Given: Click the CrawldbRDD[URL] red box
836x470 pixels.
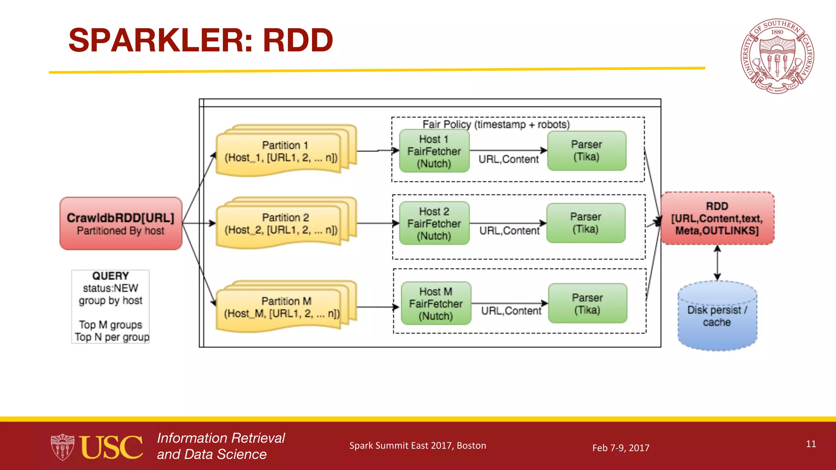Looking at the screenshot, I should point(121,224).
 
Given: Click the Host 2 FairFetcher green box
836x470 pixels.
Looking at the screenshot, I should point(434,223).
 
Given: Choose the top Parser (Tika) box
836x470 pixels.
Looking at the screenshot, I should point(586,151).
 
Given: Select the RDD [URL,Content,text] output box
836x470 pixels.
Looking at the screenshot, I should point(717,218).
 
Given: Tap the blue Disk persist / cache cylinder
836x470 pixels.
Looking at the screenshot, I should point(717,316).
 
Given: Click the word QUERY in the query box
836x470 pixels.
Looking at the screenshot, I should point(110,276).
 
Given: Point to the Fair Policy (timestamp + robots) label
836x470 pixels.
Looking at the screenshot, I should point(496,124).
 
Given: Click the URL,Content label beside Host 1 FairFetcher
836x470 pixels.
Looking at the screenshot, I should point(508,159).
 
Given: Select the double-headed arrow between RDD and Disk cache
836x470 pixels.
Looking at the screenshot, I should point(717,262).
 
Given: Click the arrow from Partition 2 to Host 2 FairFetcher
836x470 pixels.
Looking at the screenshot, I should point(377,223).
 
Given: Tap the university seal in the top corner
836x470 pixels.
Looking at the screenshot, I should point(777,56).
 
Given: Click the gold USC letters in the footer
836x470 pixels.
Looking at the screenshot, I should point(111,447).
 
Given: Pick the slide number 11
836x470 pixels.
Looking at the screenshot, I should point(811,444).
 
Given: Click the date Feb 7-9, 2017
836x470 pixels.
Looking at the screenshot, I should point(620,448).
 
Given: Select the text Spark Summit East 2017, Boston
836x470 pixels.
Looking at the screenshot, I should point(417,446).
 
